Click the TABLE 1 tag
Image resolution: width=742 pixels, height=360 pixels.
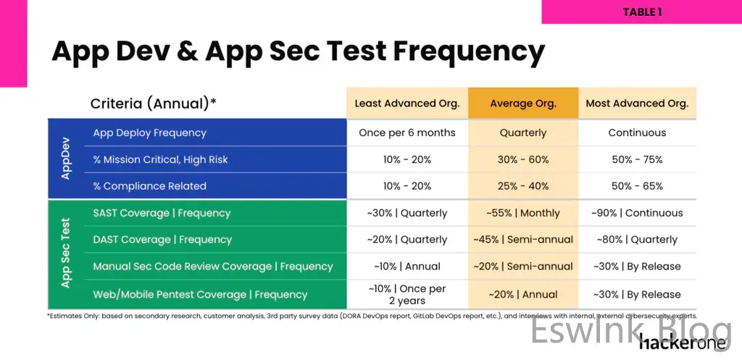[642, 12]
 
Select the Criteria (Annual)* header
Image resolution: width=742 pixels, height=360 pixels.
[154, 104]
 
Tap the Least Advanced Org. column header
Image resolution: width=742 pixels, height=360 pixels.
[407, 104]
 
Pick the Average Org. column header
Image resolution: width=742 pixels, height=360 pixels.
[523, 104]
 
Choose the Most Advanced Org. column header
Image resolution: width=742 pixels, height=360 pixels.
[637, 104]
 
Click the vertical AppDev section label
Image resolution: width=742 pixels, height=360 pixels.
[66, 159]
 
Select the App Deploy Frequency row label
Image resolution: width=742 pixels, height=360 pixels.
[150, 133]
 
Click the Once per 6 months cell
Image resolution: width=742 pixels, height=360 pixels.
[407, 133]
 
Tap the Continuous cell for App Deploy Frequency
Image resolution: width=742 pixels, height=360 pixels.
[637, 133]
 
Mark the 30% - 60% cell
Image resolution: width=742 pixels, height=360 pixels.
[523, 159]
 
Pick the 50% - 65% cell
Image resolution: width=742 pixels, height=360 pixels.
[637, 186]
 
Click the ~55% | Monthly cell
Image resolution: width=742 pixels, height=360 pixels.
[523, 213]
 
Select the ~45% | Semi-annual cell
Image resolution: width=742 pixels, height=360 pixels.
[523, 240]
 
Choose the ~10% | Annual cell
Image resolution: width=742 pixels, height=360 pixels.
[407, 267]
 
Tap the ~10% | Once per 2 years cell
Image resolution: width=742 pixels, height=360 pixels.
[407, 294]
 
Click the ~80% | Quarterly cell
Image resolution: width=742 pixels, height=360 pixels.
[637, 240]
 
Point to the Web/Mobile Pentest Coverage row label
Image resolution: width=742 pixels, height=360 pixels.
[200, 295]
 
